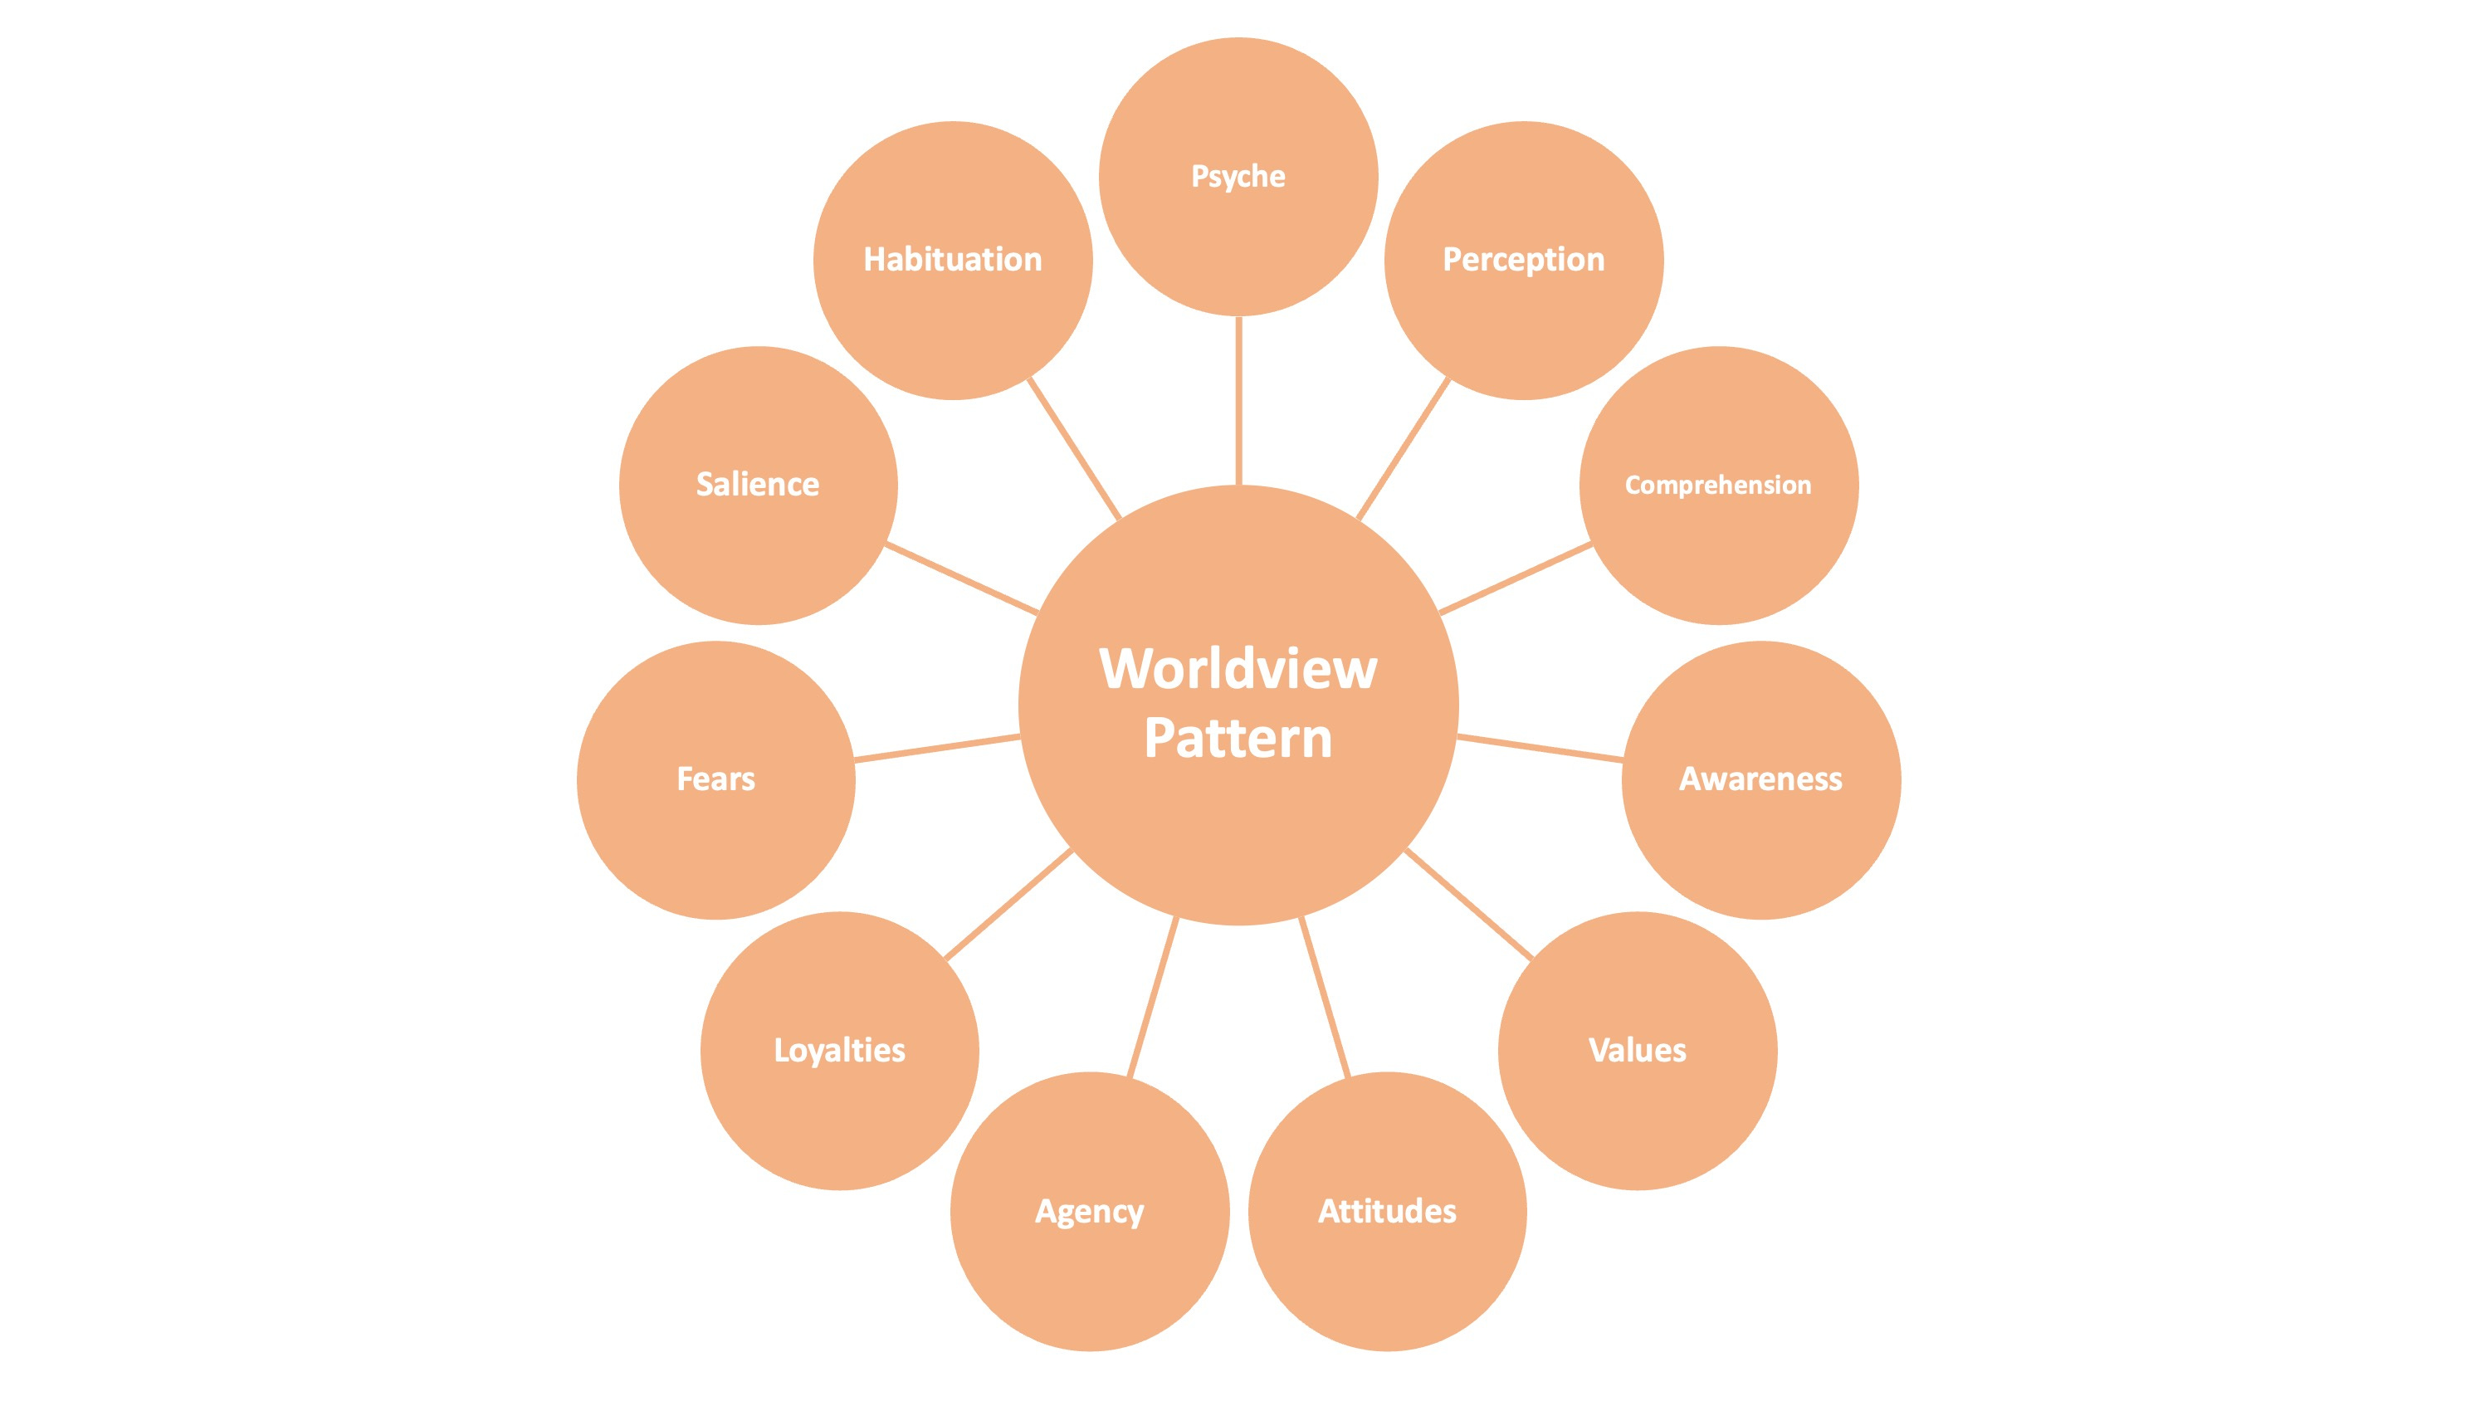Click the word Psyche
tap(1238, 177)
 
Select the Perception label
tap(1523, 259)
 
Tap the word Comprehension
tap(1717, 485)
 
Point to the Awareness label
tap(1760, 779)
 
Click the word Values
tap(1638, 1050)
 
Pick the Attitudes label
tap(1387, 1211)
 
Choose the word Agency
tap(1089, 1211)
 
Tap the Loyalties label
tap(839, 1050)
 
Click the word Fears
tap(715, 779)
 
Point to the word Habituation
tap(952, 259)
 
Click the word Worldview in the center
tap(1238, 668)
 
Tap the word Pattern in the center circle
tap(1238, 738)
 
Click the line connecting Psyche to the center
tap(1238, 400)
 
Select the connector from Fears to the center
tap(938, 749)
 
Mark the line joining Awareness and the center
tap(1540, 749)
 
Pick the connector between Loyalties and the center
tap(1008, 905)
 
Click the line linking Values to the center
tap(1469, 905)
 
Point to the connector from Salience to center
tap(962, 578)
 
